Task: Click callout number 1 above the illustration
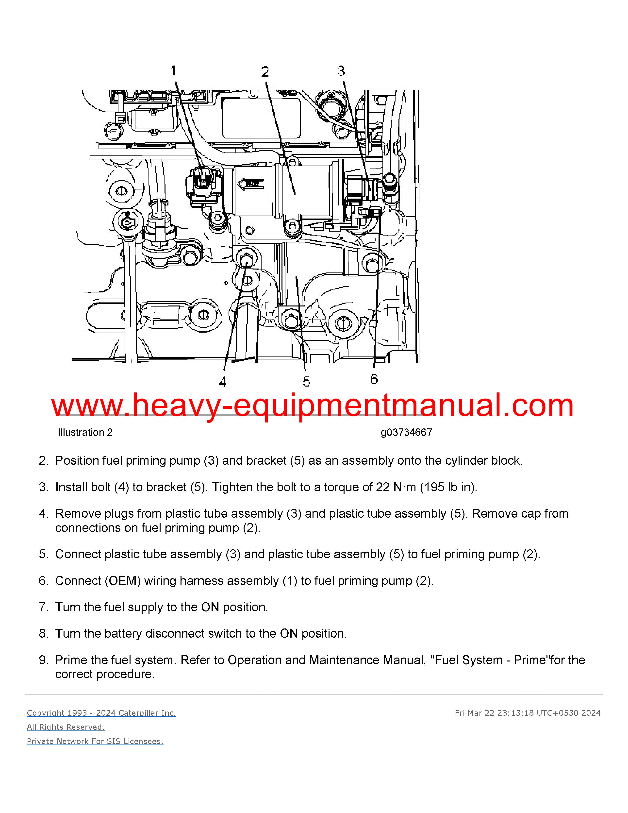(x=173, y=70)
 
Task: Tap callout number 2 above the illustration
(x=265, y=72)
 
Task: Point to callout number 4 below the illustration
(x=222, y=382)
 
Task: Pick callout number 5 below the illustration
(x=306, y=382)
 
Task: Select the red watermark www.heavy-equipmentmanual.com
(x=313, y=406)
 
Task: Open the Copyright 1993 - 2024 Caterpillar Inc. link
(x=101, y=713)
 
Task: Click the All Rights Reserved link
(x=66, y=727)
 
